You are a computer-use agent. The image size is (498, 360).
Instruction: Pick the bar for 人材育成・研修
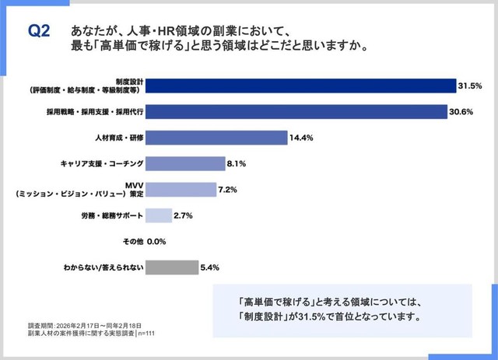point(217,138)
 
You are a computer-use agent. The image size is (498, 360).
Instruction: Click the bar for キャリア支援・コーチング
point(185,164)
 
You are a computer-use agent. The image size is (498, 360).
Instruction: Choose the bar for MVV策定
point(181,190)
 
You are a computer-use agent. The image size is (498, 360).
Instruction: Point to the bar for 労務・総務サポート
point(159,215)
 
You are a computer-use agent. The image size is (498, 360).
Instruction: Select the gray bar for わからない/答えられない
point(172,267)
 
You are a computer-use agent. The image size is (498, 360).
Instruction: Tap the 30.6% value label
point(462,111)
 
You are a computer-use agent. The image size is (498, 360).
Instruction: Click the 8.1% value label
point(237,164)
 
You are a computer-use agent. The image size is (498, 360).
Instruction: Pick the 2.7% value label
point(184,215)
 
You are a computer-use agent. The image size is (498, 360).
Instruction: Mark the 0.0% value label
point(158,242)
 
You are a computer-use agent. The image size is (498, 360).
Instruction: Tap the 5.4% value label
point(210,267)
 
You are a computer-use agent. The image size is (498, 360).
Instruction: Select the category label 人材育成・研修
point(115,138)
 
